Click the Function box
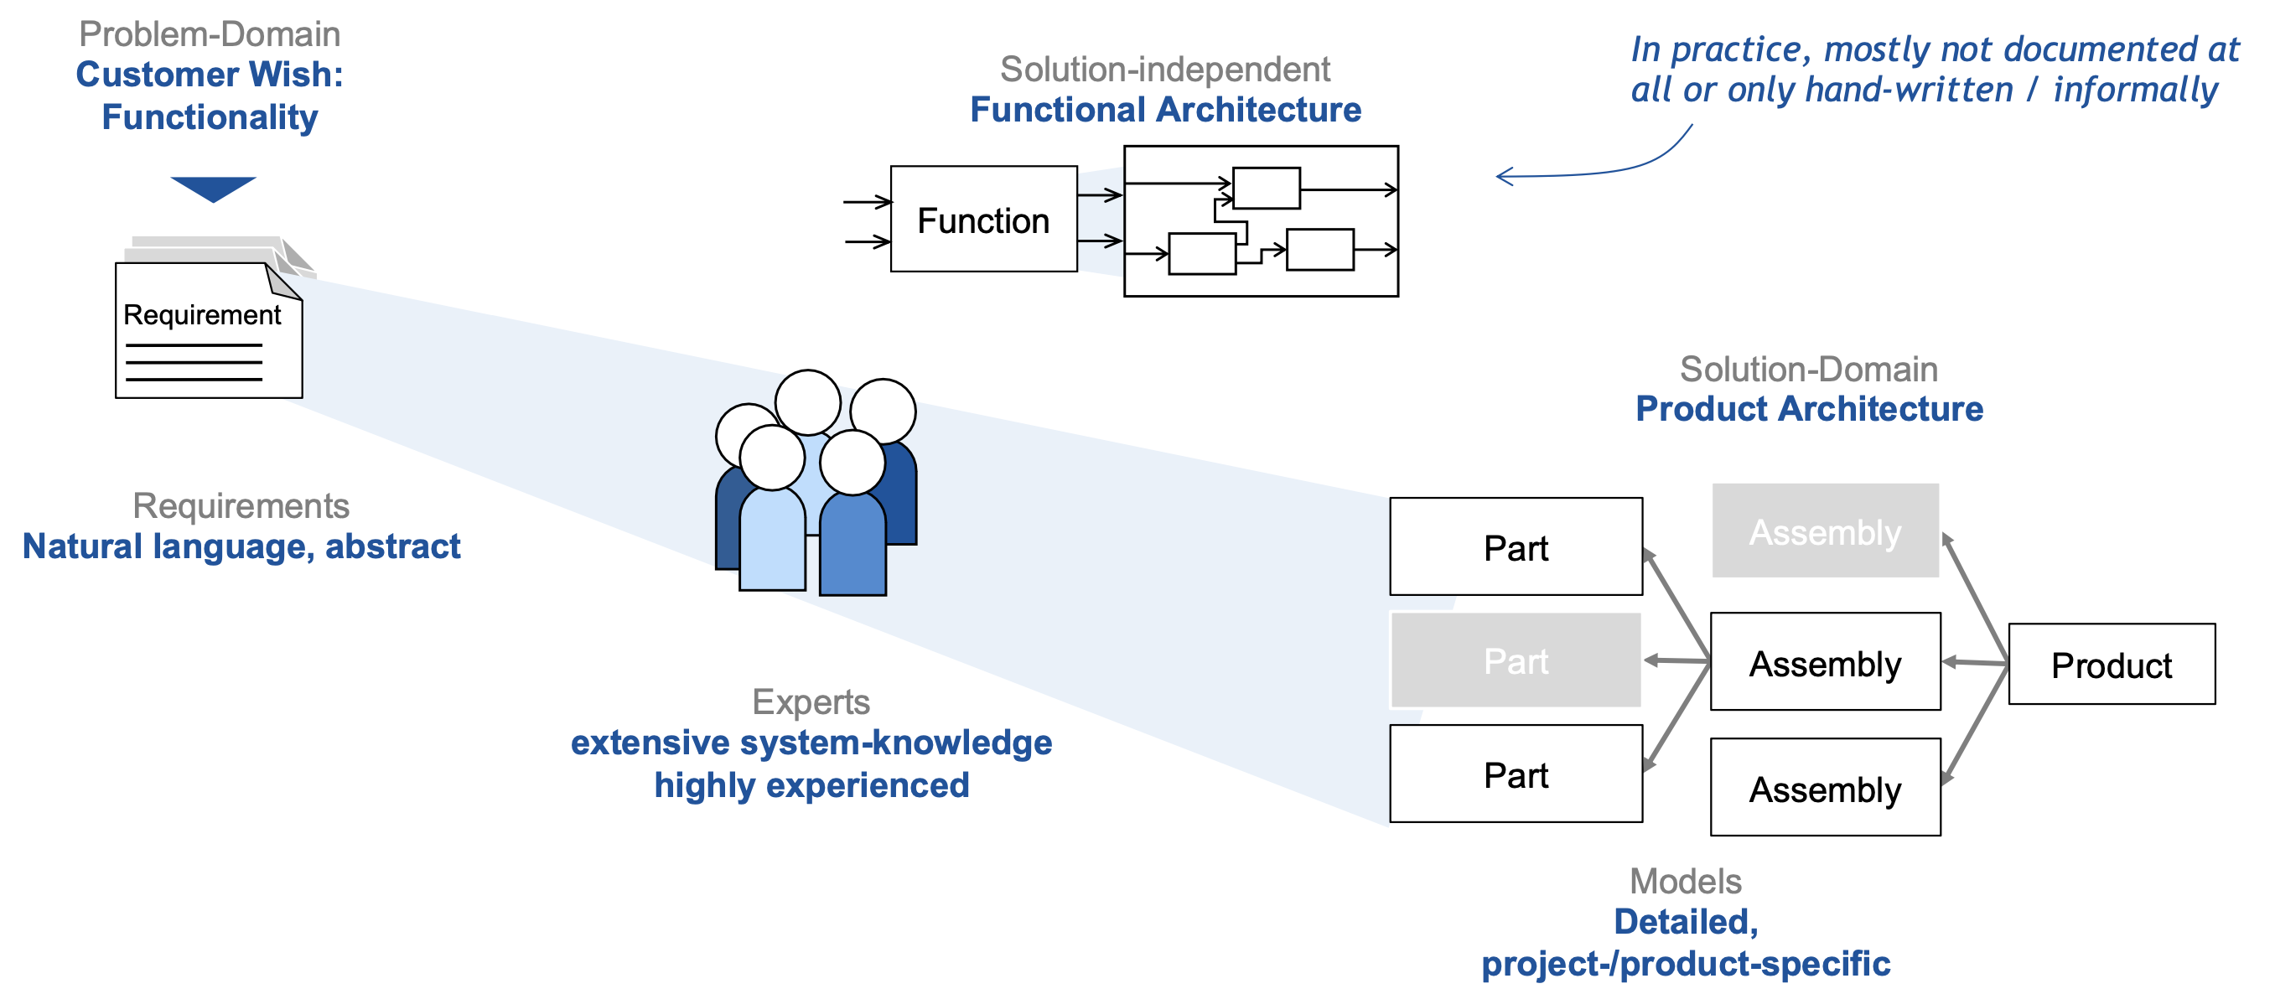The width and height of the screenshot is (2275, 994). pyautogui.click(x=983, y=219)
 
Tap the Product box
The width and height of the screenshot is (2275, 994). pyautogui.click(x=2111, y=665)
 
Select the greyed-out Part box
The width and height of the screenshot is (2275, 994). pyautogui.click(x=1516, y=660)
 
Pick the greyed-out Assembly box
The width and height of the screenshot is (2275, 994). pyautogui.click(x=1825, y=531)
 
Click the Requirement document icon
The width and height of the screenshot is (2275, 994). pyautogui.click(x=210, y=330)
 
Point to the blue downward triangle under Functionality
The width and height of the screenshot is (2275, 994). pyautogui.click(x=213, y=188)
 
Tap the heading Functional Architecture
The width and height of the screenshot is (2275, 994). pyautogui.click(x=1165, y=110)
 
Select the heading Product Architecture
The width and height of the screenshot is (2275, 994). pyautogui.click(x=1809, y=409)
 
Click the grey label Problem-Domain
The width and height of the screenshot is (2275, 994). pyautogui.click(x=210, y=34)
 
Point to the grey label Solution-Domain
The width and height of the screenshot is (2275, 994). pyautogui.click(x=1808, y=369)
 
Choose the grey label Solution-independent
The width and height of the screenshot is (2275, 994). pyautogui.click(x=1164, y=69)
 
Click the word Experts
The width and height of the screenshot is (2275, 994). pyautogui.click(x=811, y=701)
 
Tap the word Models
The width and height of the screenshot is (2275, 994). pyautogui.click(x=1685, y=881)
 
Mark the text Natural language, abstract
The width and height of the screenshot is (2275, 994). pyautogui.click(x=241, y=546)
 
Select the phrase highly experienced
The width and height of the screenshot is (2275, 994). pyautogui.click(x=811, y=784)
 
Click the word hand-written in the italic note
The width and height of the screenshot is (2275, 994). pyautogui.click(x=1909, y=90)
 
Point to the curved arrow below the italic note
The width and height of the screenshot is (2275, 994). pyautogui.click(x=1589, y=168)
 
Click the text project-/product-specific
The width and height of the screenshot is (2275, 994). pyautogui.click(x=1685, y=963)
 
